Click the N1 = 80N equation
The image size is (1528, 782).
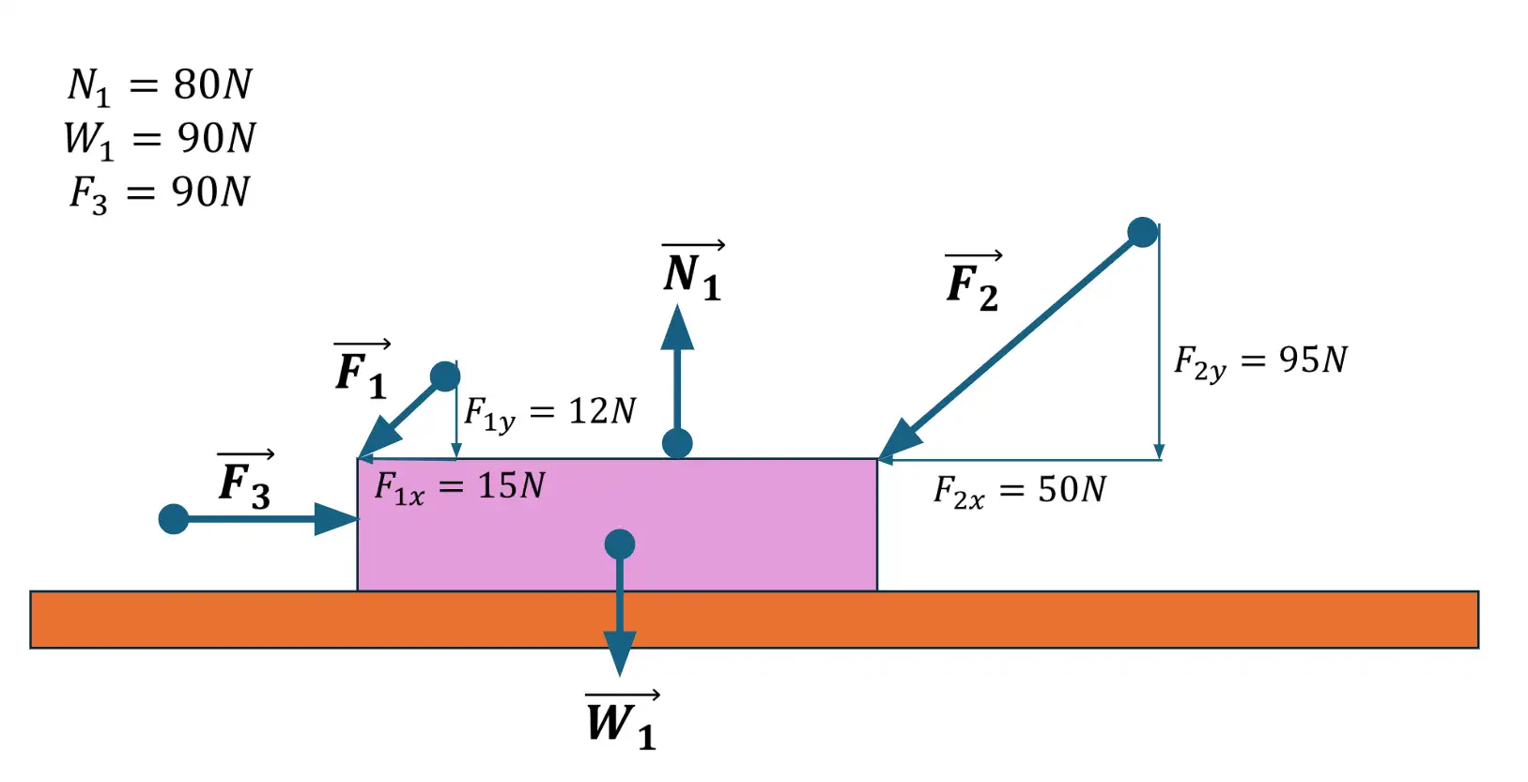[160, 85]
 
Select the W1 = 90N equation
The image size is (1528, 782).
[160, 139]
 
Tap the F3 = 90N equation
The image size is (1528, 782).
[160, 192]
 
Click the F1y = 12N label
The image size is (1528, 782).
[550, 412]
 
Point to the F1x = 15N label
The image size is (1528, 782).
[459, 487]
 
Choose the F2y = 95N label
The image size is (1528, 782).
[1260, 360]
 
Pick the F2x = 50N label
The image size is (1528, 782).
[1019, 490]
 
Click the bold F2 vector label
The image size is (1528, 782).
[973, 283]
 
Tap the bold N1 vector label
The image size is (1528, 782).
[693, 273]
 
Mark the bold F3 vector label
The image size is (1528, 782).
[245, 482]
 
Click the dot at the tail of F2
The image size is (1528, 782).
[1142, 232]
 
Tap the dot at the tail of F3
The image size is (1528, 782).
[174, 518]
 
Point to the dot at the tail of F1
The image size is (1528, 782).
[445, 376]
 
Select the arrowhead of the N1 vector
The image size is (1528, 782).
[677, 329]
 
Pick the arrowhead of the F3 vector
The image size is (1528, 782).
[336, 518]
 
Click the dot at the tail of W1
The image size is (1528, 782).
[620, 544]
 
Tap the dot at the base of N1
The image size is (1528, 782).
[677, 443]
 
